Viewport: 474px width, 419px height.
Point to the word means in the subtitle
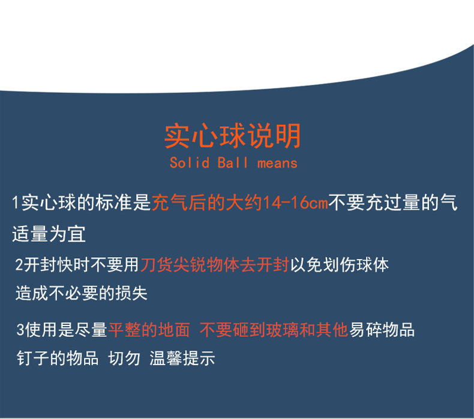277,163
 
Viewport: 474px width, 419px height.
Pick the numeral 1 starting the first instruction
16,203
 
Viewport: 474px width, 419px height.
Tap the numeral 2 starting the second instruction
19,264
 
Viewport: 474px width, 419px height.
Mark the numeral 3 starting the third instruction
21,329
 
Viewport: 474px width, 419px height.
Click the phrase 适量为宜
49,233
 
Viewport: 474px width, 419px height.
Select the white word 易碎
365,329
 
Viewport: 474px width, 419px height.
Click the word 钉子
32,358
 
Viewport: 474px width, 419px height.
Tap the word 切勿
124,358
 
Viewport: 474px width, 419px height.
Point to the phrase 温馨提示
182,358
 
